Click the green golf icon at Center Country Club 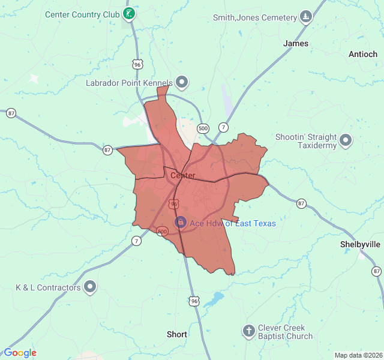(128, 13)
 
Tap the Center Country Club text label (83, 13)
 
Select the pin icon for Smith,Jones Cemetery (306, 17)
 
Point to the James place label (295, 43)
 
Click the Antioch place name (363, 54)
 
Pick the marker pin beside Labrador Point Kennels (181, 83)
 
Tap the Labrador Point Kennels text (129, 83)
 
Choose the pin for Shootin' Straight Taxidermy (346, 140)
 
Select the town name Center (182, 175)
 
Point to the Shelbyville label (360, 244)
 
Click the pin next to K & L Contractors (90, 287)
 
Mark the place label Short (177, 334)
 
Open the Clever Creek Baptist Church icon (248, 331)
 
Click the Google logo (20, 353)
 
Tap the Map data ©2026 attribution (358, 355)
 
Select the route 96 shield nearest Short (193, 300)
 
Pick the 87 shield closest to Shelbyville (377, 271)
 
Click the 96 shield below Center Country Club (137, 64)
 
